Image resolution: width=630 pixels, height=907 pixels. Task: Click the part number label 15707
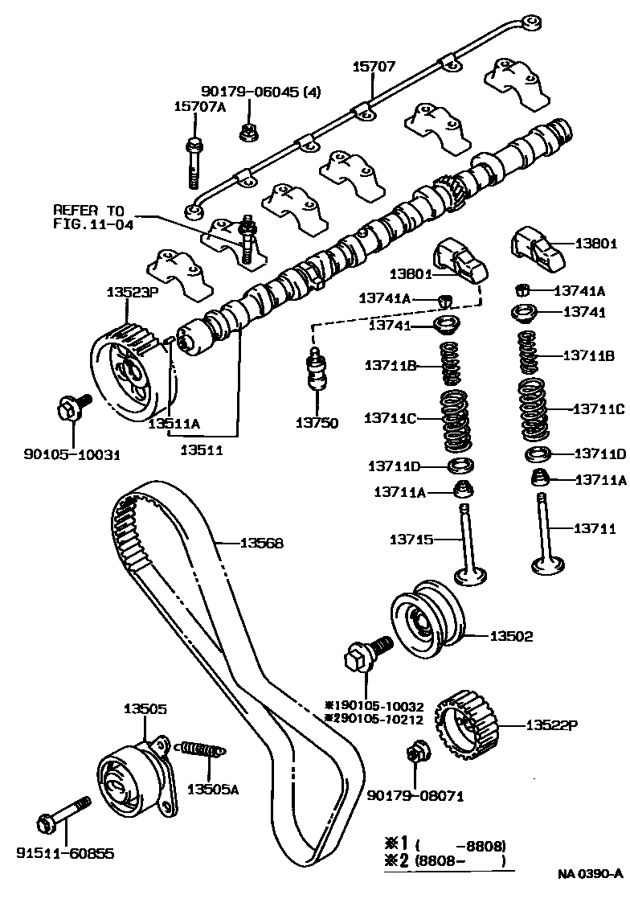point(374,67)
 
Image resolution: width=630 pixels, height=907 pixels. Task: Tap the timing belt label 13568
point(262,543)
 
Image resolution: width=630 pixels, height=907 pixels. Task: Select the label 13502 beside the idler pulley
point(512,636)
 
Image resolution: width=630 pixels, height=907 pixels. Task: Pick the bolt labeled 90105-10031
point(67,408)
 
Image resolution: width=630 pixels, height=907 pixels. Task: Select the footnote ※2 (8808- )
point(447,862)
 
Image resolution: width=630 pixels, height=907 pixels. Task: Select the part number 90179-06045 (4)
point(260,92)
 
